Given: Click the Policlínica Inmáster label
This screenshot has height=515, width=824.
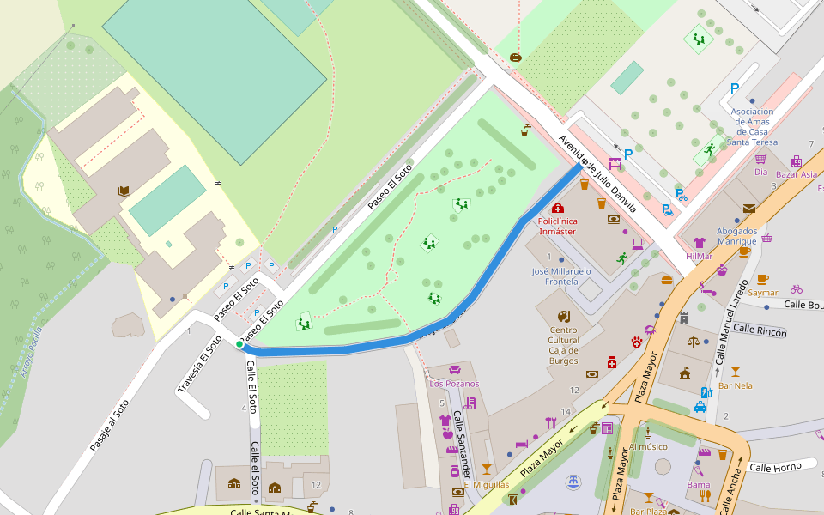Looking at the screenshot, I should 557,226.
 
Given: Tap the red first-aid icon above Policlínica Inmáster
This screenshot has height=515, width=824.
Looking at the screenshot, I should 558,208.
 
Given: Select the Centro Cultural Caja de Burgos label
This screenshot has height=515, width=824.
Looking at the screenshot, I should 563,345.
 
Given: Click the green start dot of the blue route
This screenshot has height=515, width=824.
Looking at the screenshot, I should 239,344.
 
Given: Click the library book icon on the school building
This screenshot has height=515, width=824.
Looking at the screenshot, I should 124,191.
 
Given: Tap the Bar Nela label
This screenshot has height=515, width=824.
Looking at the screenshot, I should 736,385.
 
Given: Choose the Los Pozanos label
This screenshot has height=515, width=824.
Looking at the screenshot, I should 454,384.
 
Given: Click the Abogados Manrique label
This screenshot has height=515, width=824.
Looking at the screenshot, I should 737,236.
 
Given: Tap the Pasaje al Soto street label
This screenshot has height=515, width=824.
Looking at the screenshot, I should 110,426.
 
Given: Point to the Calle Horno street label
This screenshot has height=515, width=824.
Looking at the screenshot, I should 775,466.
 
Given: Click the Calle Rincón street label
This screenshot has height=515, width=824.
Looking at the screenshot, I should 760,330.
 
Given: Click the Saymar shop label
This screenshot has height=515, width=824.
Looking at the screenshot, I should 763,293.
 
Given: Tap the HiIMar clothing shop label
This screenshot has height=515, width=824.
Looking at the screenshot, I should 699,256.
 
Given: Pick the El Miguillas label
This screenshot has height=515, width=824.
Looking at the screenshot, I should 487,484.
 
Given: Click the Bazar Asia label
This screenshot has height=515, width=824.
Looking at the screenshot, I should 797,174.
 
